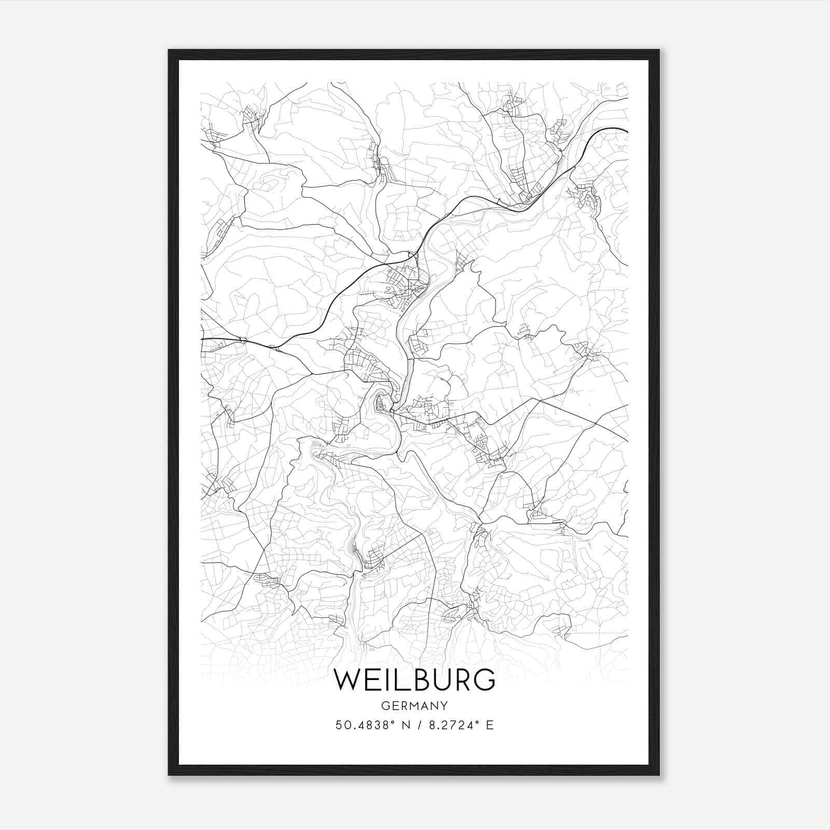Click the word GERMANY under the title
tap(414, 706)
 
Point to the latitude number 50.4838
tap(357, 725)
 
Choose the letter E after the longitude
tap(490, 725)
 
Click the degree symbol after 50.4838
tap(387, 721)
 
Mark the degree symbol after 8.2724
tap(475, 721)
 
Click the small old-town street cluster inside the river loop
tap(383, 403)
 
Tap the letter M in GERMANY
tap(413, 706)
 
